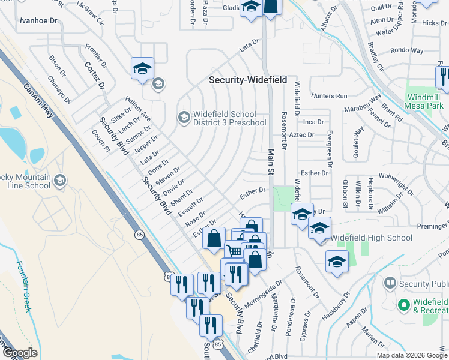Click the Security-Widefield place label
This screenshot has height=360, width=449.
(247, 80)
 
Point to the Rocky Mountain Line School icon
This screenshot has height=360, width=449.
(59, 181)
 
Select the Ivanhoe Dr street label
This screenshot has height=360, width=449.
(38, 20)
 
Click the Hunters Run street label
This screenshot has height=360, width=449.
(329, 96)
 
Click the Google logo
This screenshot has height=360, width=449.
(19, 353)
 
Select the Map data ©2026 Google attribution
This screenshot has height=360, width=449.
(412, 355)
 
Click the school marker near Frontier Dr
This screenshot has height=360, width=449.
(142, 69)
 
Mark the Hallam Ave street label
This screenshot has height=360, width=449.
(137, 111)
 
